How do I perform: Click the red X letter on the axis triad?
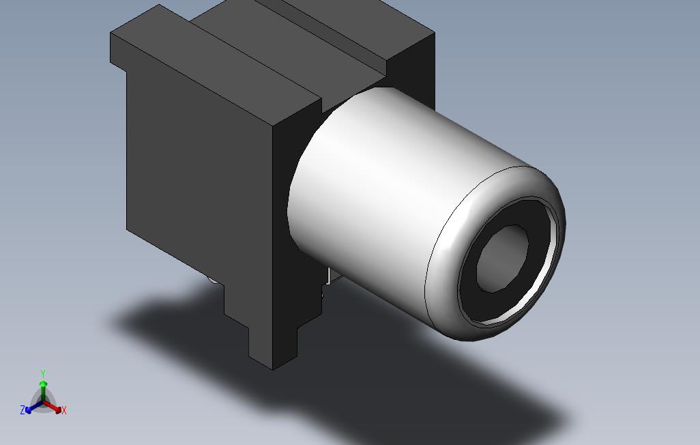tap(64, 410)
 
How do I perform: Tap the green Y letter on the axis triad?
tap(43, 374)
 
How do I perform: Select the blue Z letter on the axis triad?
tap(23, 410)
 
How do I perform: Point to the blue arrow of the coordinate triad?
tap(31, 407)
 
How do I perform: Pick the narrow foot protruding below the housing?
tap(273, 341)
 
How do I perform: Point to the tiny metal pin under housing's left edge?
tap(212, 279)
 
